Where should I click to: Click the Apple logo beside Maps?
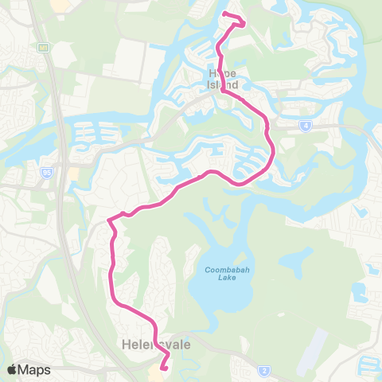point(13,369)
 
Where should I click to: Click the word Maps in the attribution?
point(35,369)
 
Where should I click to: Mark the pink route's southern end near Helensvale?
point(165,368)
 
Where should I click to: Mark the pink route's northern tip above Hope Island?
point(225,14)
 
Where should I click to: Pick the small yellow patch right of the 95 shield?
point(73,173)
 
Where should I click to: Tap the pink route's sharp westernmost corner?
point(108,220)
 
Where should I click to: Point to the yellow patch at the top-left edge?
point(60,5)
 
